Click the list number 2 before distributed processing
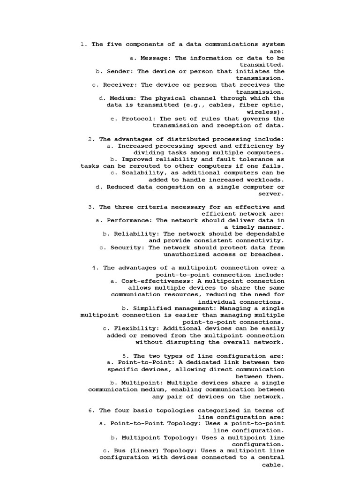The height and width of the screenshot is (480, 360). [90, 139]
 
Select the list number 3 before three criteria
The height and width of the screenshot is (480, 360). [90, 207]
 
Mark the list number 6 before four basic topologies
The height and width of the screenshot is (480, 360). [90, 410]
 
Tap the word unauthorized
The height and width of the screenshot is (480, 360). [187, 254]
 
